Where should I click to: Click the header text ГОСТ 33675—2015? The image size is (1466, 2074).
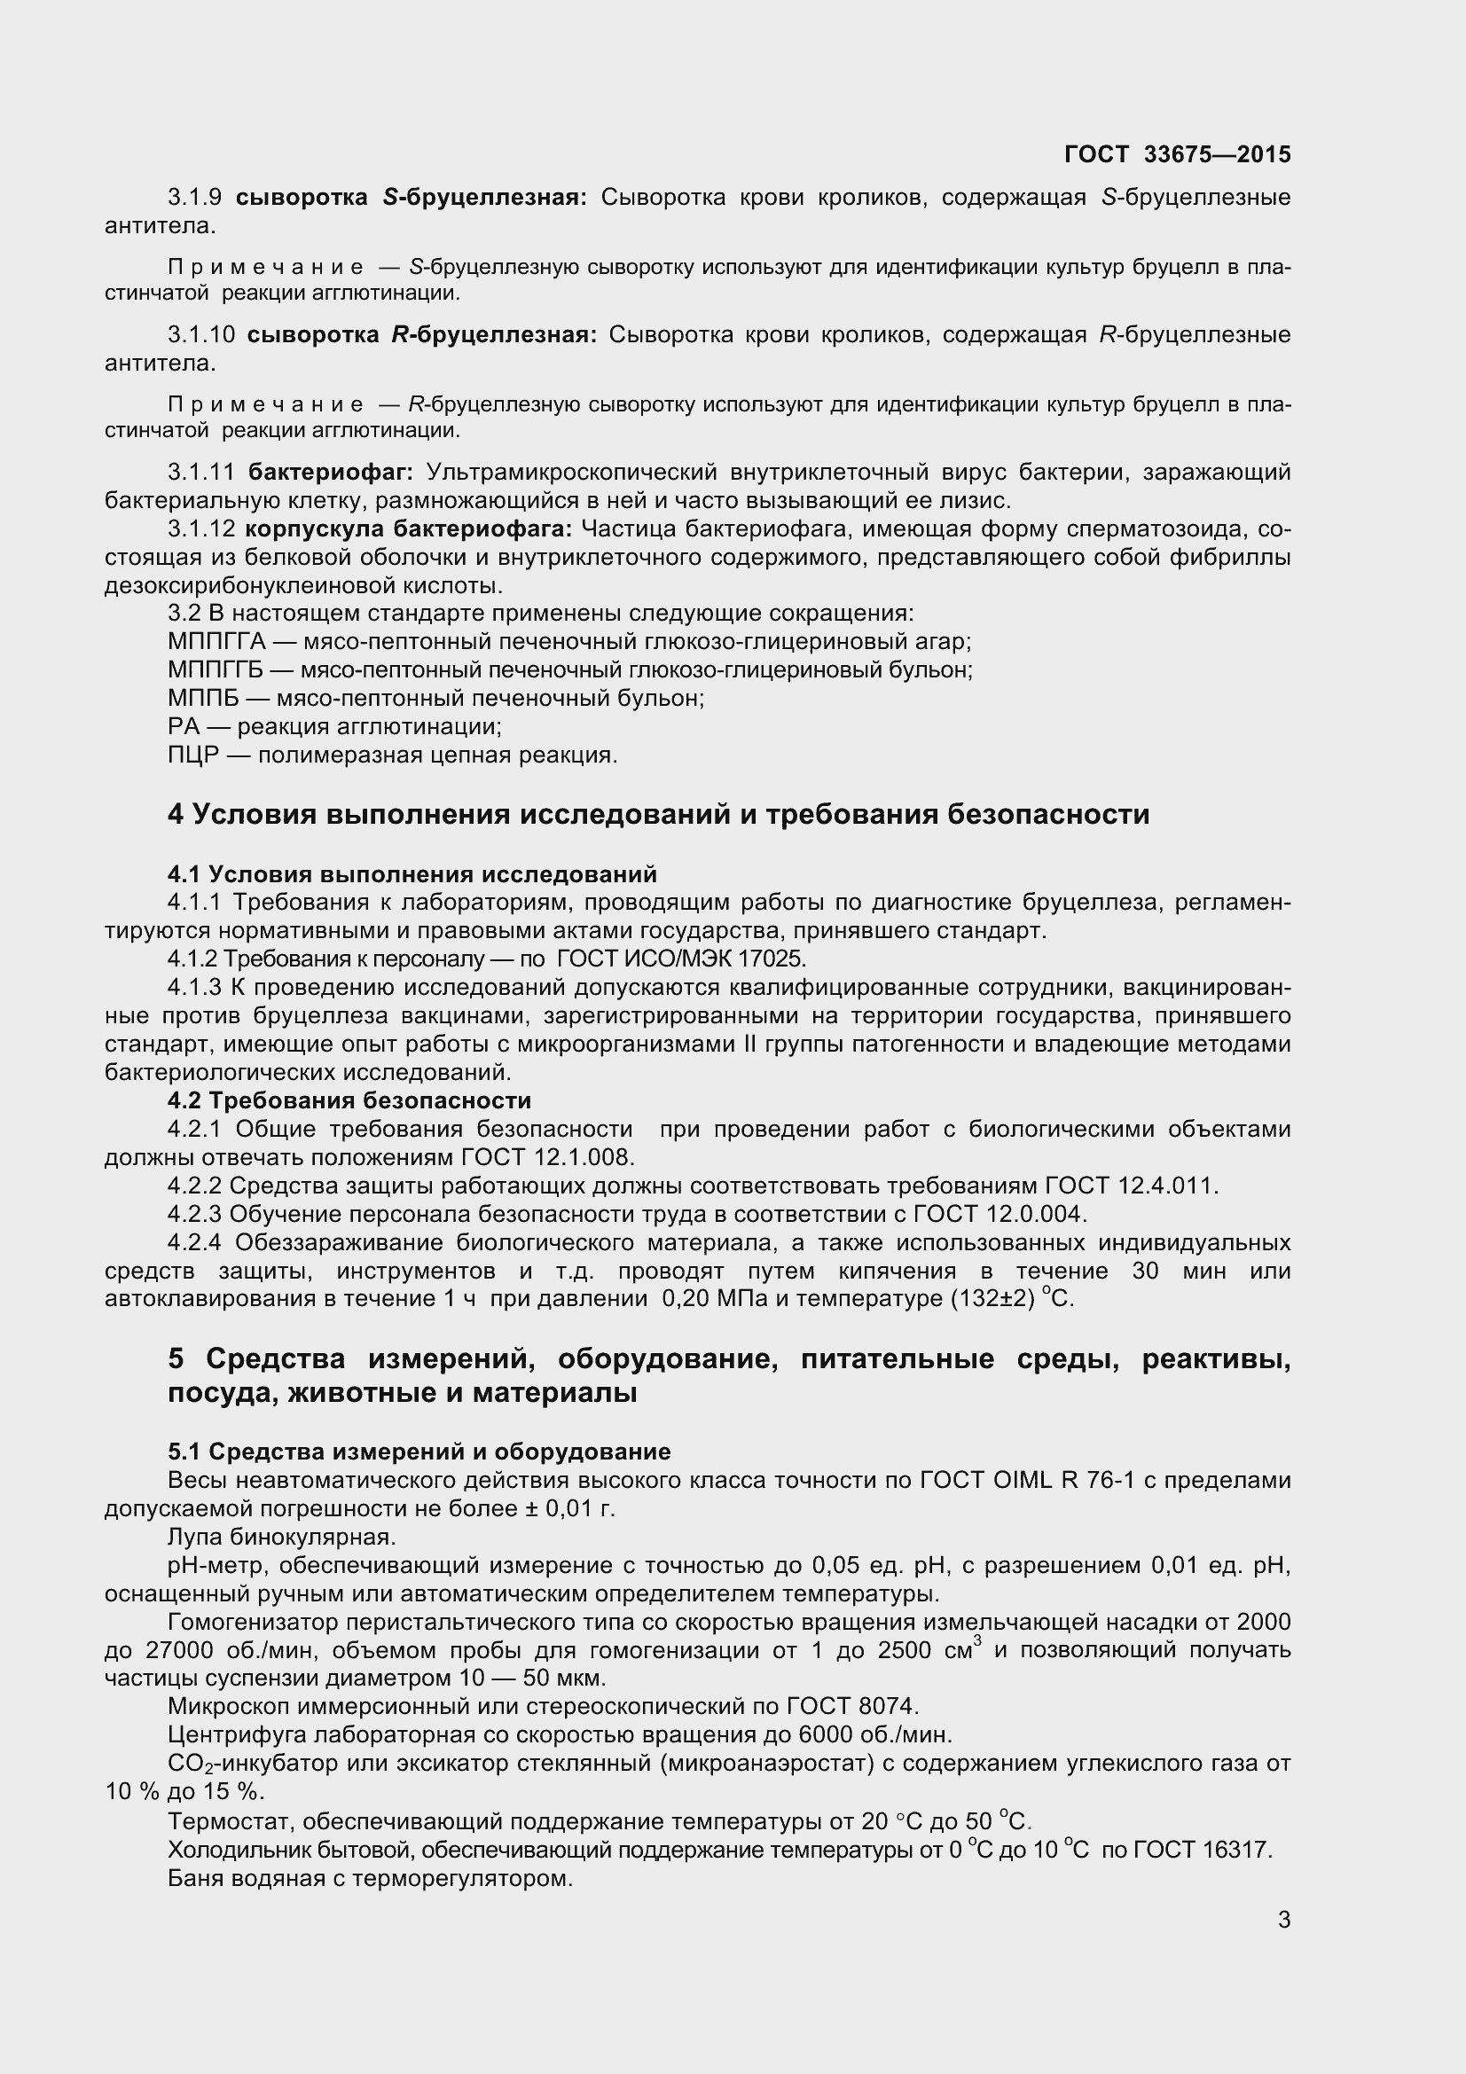1177,154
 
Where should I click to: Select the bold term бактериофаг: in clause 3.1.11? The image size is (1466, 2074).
331,473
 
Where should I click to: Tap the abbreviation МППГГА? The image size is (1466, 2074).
216,642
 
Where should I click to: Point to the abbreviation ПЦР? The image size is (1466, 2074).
193,755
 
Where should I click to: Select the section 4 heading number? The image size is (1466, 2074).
176,815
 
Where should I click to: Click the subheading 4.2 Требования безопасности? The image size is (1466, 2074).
349,1101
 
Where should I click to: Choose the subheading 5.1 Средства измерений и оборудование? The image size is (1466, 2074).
419,1452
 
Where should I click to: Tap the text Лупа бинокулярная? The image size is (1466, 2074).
282,1537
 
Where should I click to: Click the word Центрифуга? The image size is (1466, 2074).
229,1735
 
